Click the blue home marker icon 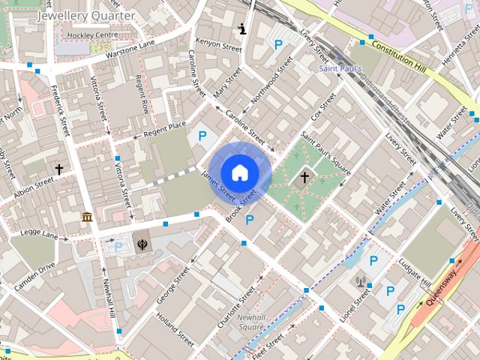click(x=239, y=172)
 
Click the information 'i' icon click(x=242, y=29)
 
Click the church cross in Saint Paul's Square click(x=304, y=178)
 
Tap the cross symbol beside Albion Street click(x=58, y=169)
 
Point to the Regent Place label click(x=164, y=130)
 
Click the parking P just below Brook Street click(x=250, y=220)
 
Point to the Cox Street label click(x=322, y=109)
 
